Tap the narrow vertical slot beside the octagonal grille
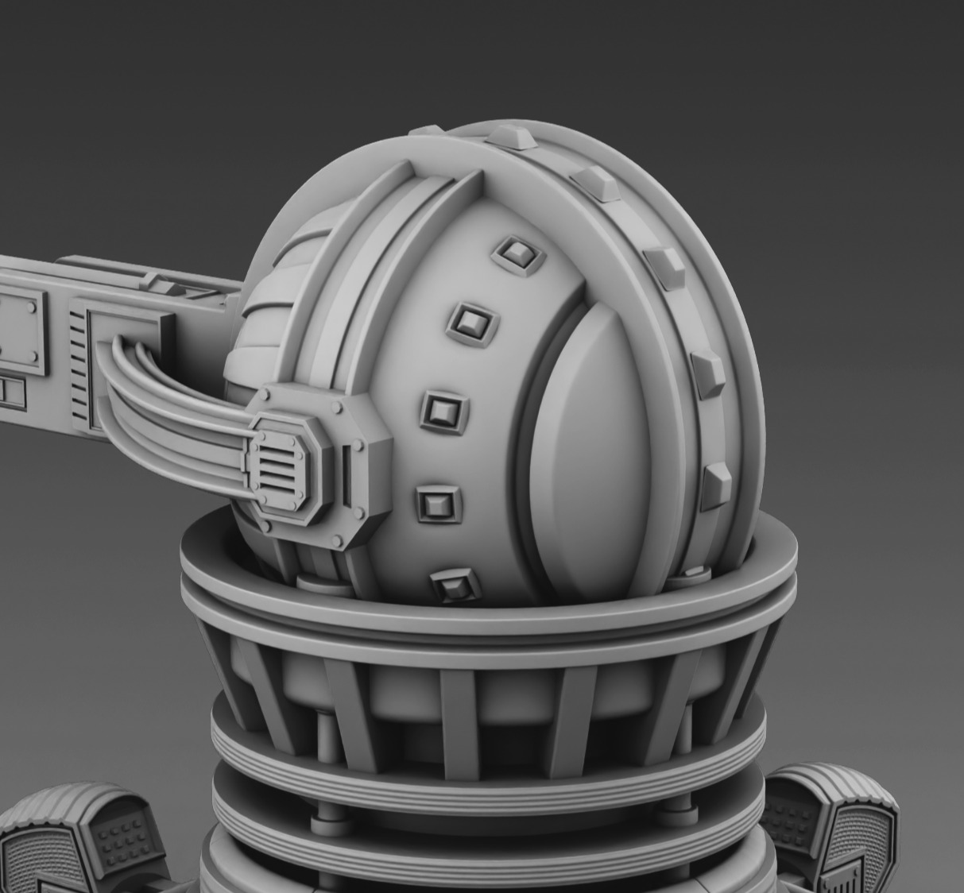point(347,475)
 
